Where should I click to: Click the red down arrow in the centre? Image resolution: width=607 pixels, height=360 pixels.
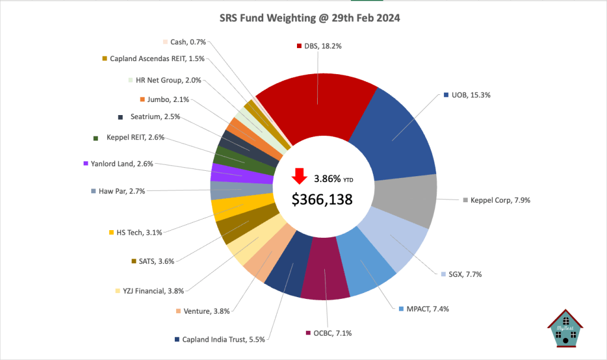(299, 176)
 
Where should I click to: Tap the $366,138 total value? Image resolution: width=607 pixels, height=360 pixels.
(322, 199)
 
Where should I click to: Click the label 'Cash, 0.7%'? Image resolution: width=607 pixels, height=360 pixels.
(186, 42)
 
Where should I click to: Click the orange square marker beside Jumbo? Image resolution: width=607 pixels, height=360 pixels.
(142, 100)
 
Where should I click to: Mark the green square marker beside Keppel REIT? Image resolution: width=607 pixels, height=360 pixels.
(95, 138)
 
